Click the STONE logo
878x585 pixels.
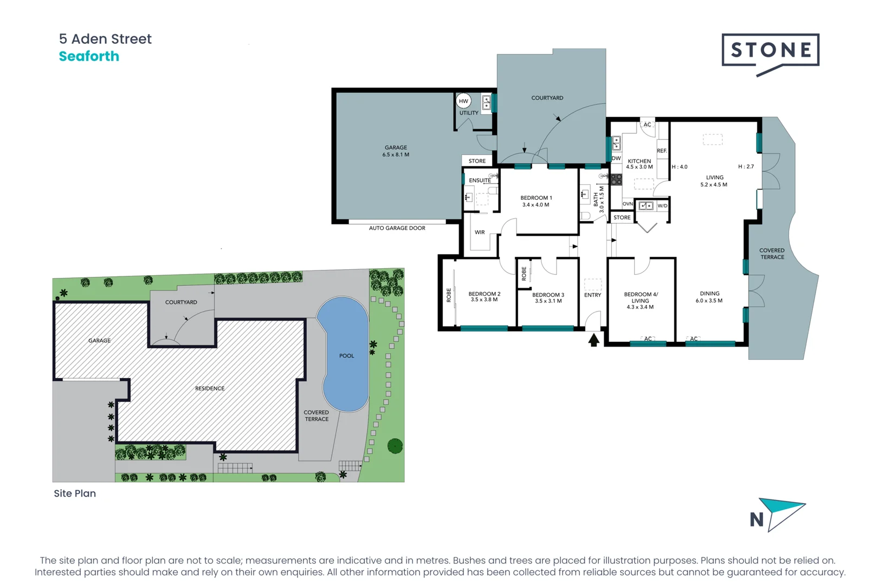pyautogui.click(x=770, y=50)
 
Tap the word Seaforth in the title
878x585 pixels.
pyautogui.click(x=89, y=56)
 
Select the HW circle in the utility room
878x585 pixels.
pyautogui.click(x=463, y=101)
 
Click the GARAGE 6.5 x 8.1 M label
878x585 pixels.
pyautogui.click(x=396, y=151)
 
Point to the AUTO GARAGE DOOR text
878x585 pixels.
pyautogui.click(x=397, y=228)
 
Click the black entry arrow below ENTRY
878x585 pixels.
pyautogui.click(x=593, y=340)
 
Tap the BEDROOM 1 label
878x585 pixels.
pyautogui.click(x=536, y=201)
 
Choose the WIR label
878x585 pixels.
pyautogui.click(x=480, y=232)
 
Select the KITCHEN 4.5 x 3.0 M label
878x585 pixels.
pyautogui.click(x=640, y=164)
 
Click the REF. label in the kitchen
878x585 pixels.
pyautogui.click(x=662, y=151)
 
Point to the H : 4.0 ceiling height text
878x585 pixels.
pyautogui.click(x=680, y=167)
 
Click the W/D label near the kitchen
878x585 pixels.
pyautogui.click(x=662, y=206)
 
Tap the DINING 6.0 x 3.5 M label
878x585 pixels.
pyautogui.click(x=709, y=297)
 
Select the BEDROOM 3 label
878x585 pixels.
pyautogui.click(x=548, y=298)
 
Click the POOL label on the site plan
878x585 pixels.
pyautogui.click(x=346, y=356)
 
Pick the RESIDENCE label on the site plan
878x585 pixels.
pyautogui.click(x=210, y=388)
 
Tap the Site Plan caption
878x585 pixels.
pyautogui.click(x=75, y=493)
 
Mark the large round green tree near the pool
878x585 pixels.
pyautogui.click(x=395, y=446)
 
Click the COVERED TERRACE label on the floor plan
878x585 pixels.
pyautogui.click(x=772, y=253)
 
